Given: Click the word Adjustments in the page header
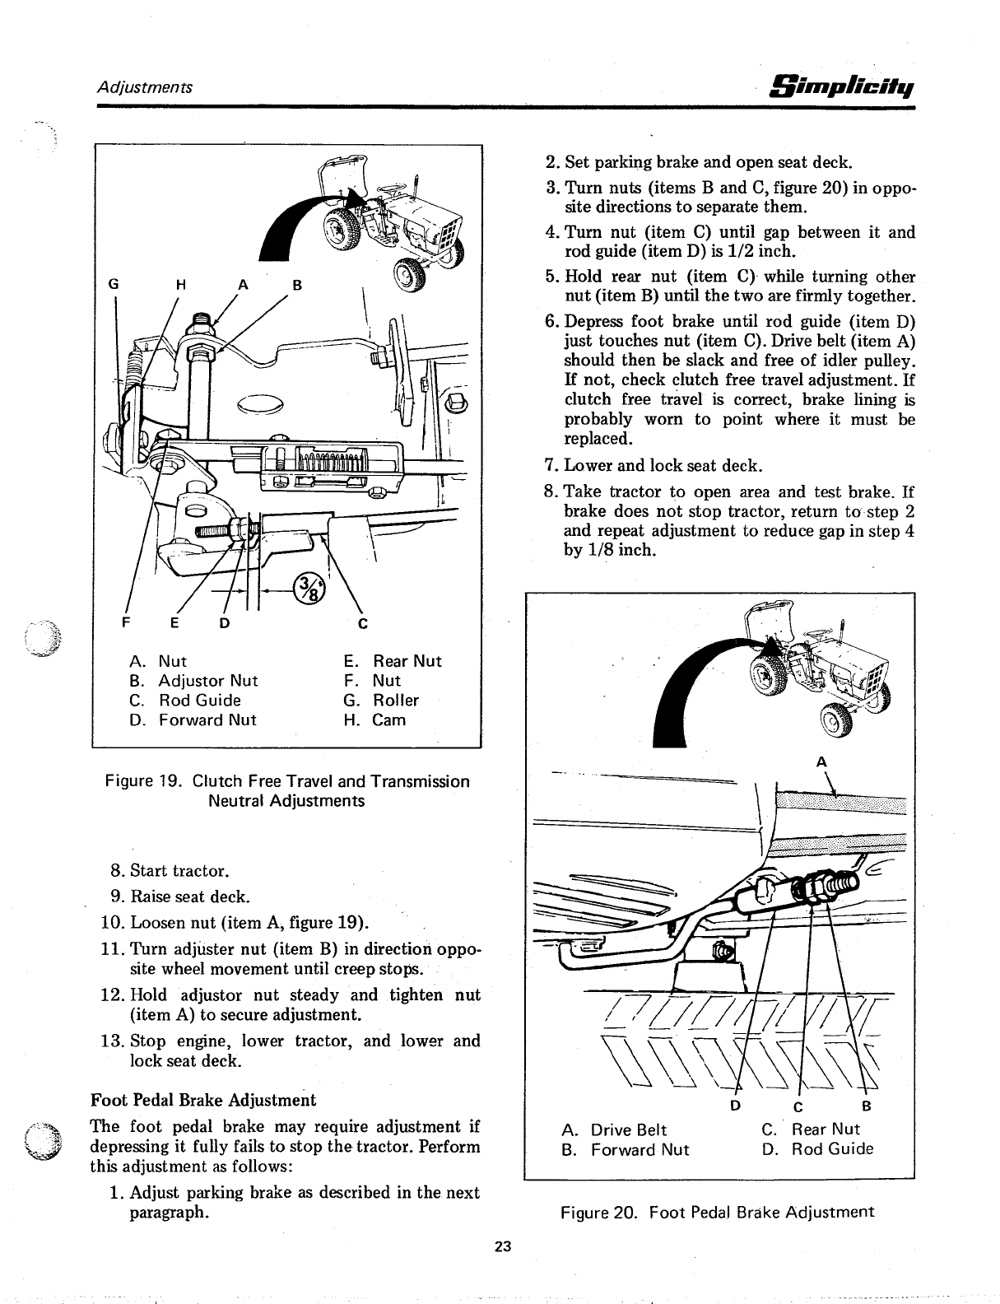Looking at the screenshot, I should [x=145, y=86].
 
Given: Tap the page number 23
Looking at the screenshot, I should [x=503, y=1246].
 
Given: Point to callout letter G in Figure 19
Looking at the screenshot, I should [x=115, y=285].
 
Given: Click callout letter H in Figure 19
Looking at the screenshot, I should [x=184, y=285].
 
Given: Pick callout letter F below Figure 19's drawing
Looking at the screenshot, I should [x=127, y=622].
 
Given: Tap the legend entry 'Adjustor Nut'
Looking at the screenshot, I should [x=207, y=681].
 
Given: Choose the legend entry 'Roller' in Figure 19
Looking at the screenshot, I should [x=395, y=701].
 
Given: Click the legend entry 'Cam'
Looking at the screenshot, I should [x=388, y=720].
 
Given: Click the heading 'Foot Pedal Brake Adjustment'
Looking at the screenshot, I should [x=202, y=1100].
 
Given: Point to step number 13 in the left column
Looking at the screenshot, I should [x=112, y=1041].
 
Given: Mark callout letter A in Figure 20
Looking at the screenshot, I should [x=821, y=762].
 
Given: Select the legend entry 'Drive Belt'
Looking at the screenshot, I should [x=628, y=1129].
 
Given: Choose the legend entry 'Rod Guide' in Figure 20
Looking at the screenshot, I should [x=832, y=1149].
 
